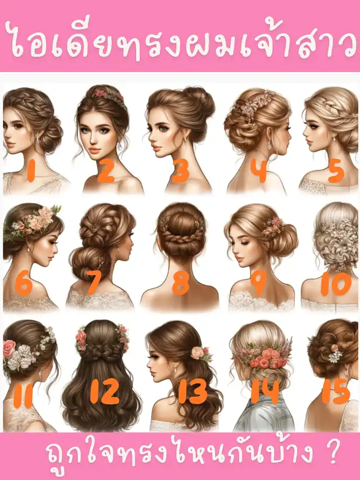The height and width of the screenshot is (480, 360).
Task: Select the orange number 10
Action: click(336, 284)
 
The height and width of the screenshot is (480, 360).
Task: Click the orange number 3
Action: click(181, 171)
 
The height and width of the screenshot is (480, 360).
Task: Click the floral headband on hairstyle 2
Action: click(110, 97)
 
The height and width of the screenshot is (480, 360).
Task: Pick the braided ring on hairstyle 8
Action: click(181, 236)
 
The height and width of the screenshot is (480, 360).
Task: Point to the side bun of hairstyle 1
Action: click(51, 137)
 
